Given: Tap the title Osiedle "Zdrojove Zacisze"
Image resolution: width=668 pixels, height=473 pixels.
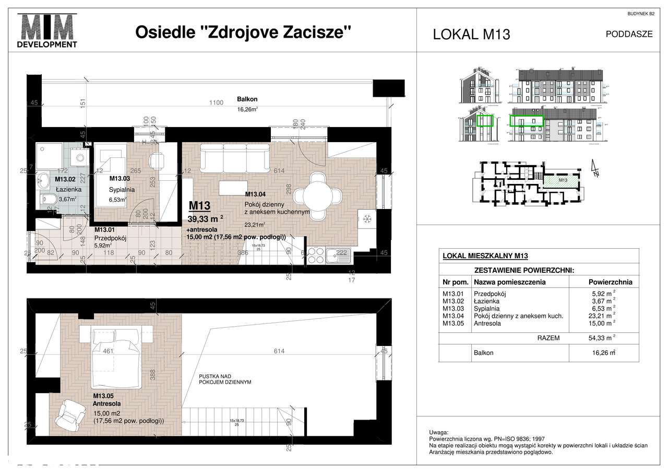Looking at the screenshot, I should [x=243, y=32].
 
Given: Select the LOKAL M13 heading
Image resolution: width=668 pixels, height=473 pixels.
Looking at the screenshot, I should [x=471, y=34].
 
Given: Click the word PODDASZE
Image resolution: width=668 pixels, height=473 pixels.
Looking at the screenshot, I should [x=629, y=34].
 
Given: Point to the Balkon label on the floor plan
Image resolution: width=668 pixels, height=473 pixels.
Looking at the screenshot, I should [x=247, y=99].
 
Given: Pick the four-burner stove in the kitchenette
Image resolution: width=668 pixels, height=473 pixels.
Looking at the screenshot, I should [x=315, y=256].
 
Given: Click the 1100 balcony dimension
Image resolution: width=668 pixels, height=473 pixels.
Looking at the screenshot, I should [x=216, y=103].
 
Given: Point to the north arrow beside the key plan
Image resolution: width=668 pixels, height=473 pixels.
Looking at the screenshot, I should [x=595, y=170].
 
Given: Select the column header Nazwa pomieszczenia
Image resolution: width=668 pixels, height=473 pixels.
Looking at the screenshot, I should [x=509, y=282].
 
